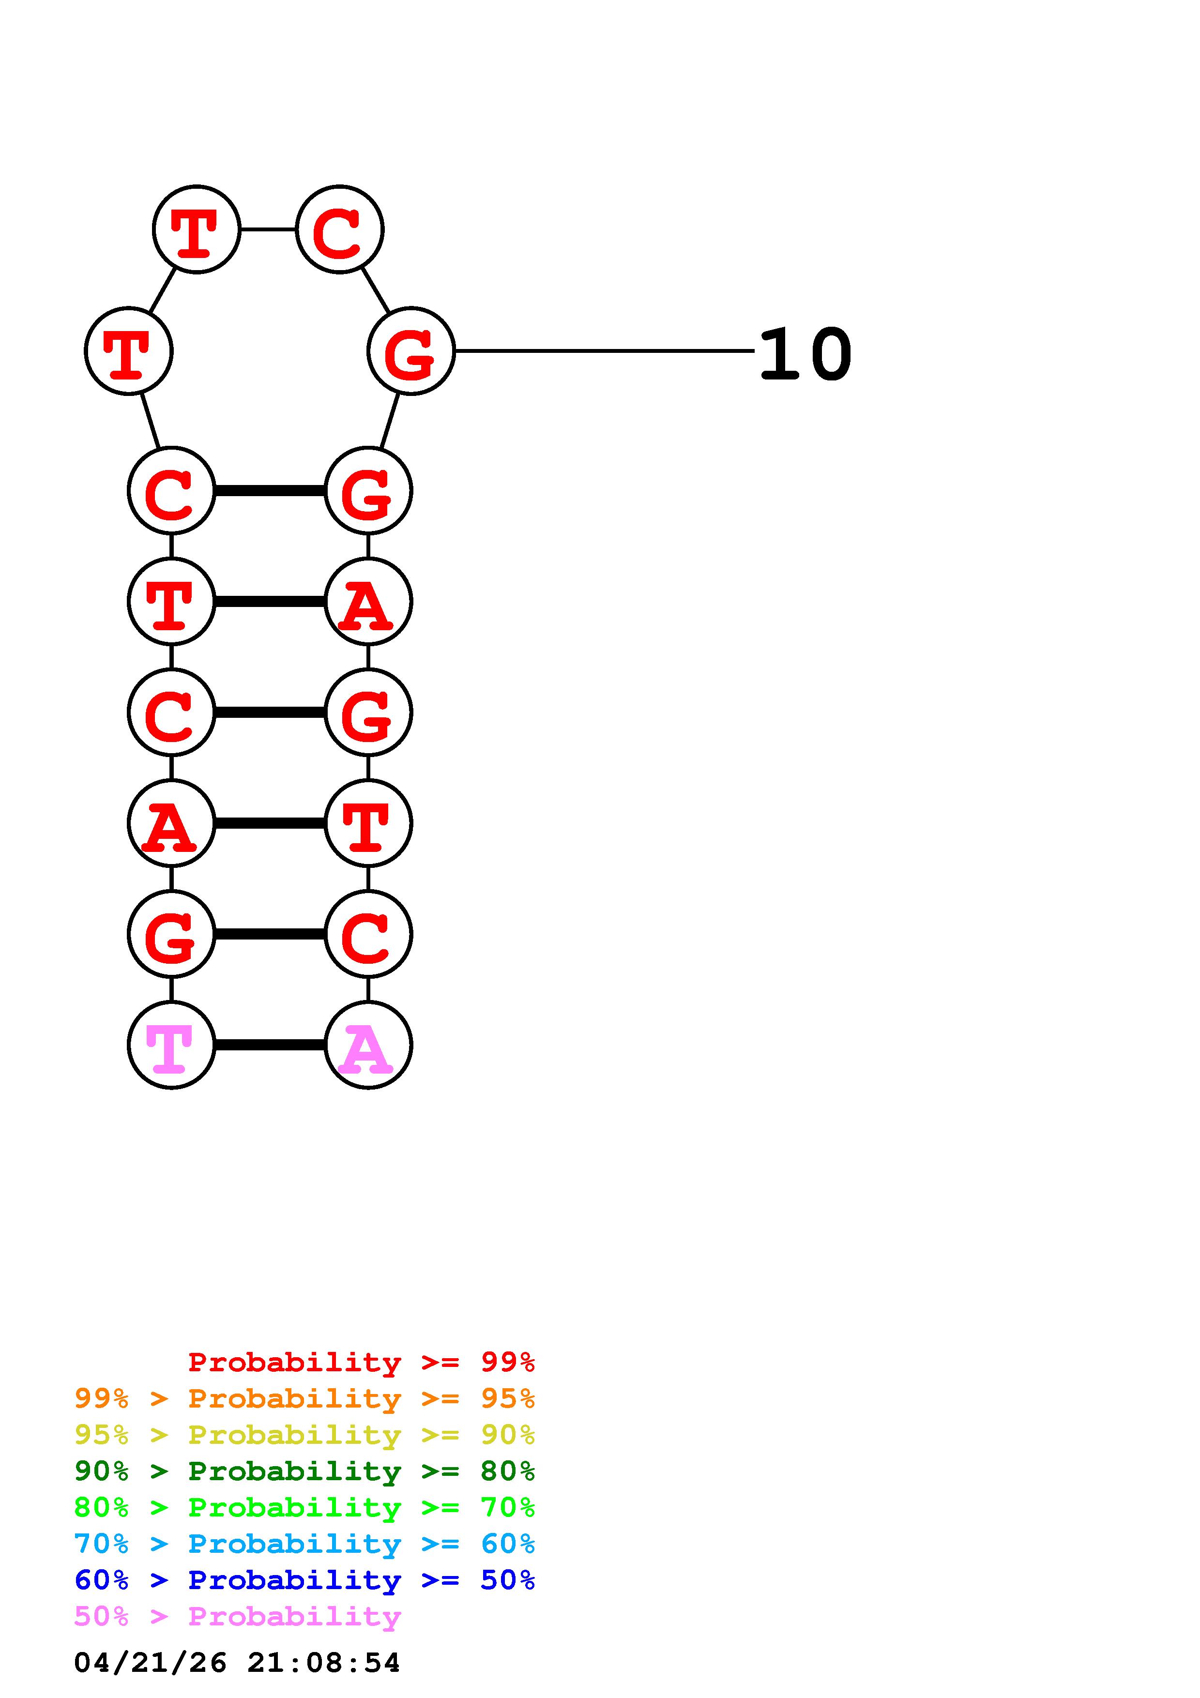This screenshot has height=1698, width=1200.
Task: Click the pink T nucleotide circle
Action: point(171,1045)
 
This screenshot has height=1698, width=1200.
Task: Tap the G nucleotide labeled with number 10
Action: point(410,351)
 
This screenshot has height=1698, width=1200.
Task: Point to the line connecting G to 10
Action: point(603,350)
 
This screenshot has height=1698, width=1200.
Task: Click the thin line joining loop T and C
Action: point(268,229)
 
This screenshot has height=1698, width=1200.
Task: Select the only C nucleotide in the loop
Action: point(339,229)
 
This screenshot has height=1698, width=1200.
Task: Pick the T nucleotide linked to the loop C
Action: point(196,229)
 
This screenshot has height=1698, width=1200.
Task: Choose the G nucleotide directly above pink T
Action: point(171,934)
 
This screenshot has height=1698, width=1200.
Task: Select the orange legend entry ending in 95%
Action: point(304,1398)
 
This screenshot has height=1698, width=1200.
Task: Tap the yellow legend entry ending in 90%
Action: point(304,1435)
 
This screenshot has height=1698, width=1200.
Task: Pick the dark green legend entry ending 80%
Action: point(304,1471)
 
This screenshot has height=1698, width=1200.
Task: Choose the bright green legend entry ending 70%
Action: point(304,1507)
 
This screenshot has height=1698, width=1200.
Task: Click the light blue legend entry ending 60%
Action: point(304,1544)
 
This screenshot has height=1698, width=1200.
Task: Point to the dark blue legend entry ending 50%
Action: point(304,1580)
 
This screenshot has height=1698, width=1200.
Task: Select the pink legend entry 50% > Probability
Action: point(237,1616)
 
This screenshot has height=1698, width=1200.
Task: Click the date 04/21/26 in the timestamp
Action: point(150,1663)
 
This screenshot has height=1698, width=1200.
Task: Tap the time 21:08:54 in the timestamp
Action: point(323,1663)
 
